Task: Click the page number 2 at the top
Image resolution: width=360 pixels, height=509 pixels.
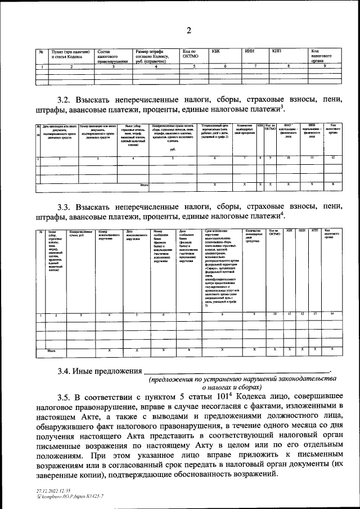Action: coord(190,30)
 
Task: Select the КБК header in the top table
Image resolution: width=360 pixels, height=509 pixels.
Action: coord(215,51)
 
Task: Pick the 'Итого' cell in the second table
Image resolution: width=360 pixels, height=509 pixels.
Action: coord(143,184)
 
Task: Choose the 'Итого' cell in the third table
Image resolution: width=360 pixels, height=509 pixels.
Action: coord(51,350)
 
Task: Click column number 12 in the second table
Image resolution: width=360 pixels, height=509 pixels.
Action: coord(333,157)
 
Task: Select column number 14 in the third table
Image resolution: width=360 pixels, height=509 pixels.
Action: coord(332,314)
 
